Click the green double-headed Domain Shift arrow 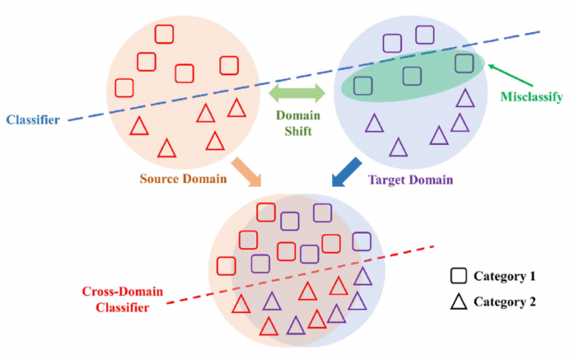coord(297,95)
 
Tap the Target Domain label coord(409,180)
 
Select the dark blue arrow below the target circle coord(343,175)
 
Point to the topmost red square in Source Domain coord(165,34)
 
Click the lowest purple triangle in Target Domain coord(399,146)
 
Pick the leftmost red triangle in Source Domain coord(139,125)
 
